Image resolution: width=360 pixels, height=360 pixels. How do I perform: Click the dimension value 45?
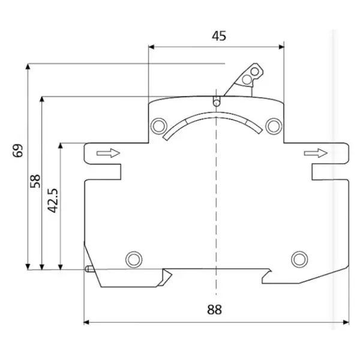click(x=219, y=36)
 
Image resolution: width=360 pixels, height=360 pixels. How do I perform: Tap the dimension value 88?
click(x=214, y=310)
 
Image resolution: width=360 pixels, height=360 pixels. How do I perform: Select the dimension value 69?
click(x=18, y=151)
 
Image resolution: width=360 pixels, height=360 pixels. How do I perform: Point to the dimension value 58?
click(x=35, y=181)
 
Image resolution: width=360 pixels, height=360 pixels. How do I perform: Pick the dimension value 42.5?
click(x=53, y=200)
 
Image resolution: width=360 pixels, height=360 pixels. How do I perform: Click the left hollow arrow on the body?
click(x=108, y=153)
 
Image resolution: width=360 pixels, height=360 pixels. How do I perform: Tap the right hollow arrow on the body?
click(x=316, y=153)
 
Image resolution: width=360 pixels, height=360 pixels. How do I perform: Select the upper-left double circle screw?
click(x=158, y=126)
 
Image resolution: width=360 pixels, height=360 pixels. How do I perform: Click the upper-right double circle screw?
click(x=274, y=126)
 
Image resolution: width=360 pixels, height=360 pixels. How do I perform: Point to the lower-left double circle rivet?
click(x=134, y=259)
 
